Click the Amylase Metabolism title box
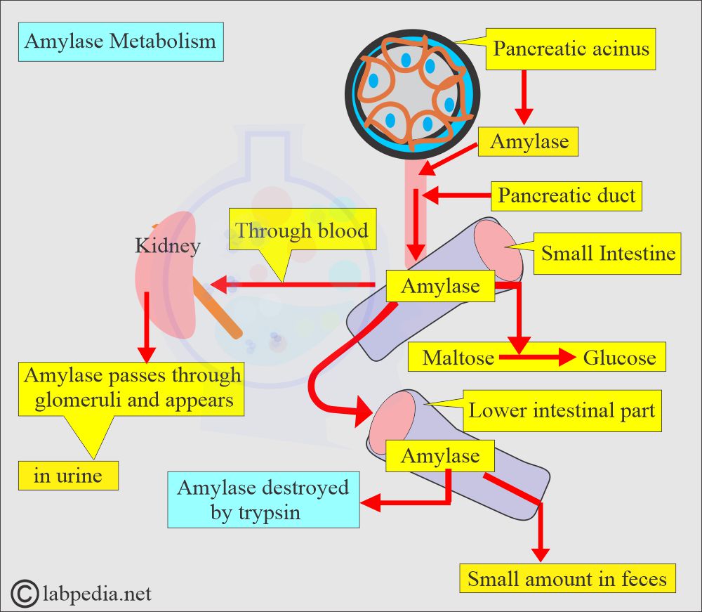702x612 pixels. [x=120, y=41]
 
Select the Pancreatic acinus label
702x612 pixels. [x=571, y=49]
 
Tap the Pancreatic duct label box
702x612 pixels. [x=567, y=195]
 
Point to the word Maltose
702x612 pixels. [x=458, y=358]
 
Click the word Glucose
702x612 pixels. [x=618, y=358]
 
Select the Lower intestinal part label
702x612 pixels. [x=562, y=410]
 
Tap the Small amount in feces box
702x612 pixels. [x=567, y=579]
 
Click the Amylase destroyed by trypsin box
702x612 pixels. [x=263, y=500]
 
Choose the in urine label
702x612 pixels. [x=67, y=476]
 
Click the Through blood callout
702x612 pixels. [x=301, y=231]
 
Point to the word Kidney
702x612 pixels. [x=168, y=246]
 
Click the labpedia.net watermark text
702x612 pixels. [x=96, y=594]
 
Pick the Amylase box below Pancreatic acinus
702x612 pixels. [x=529, y=142]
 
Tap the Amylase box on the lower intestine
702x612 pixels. [x=440, y=456]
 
